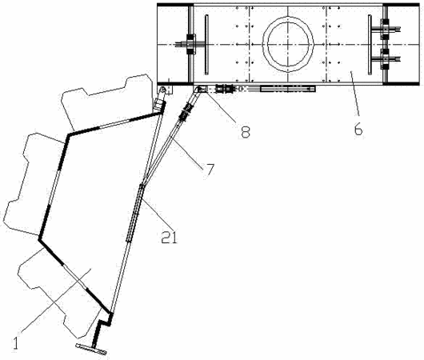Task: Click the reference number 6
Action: (358, 130)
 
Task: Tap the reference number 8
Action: (246, 132)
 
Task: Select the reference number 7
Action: (209, 170)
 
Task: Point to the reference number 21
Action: (169, 238)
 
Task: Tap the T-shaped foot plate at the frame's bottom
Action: (91, 349)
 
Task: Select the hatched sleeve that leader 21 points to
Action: (135, 212)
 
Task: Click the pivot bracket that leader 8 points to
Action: (200, 89)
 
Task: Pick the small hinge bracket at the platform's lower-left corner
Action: (165, 90)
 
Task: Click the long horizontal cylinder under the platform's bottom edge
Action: (288, 89)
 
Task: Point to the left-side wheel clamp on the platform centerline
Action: (191, 44)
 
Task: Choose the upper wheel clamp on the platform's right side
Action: (386, 29)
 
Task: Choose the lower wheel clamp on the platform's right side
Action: (386, 59)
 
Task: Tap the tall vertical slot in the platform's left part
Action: (206, 44)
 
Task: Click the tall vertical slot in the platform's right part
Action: (370, 45)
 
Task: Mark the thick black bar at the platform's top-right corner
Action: (401, 5)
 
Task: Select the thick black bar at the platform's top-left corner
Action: (175, 5)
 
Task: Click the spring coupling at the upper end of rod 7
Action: (186, 110)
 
